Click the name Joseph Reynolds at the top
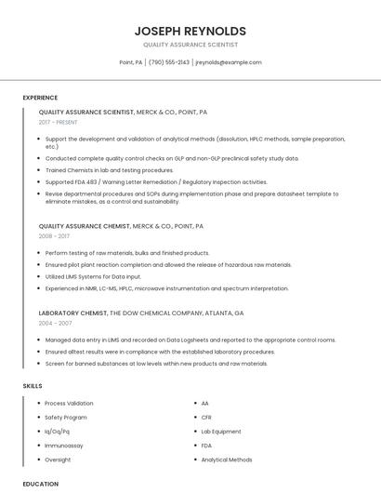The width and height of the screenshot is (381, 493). tap(190, 31)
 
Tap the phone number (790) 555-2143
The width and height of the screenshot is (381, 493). tap(169, 62)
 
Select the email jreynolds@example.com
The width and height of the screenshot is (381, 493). tap(229, 62)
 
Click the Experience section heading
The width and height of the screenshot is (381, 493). tap(40, 98)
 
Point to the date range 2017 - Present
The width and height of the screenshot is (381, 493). tap(58, 122)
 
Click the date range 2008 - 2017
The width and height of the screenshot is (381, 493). tap(54, 236)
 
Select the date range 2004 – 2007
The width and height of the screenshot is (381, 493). tap(55, 323)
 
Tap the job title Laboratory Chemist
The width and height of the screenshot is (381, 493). tap(72, 313)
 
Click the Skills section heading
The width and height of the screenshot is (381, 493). tap(33, 385)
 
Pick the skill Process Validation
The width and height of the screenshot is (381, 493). tap(69, 404)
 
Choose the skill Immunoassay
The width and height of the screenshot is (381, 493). tap(64, 446)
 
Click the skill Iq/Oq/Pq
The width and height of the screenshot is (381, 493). tap(58, 432)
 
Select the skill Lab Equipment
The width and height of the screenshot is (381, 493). tap(221, 432)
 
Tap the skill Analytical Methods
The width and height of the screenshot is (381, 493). tap(227, 460)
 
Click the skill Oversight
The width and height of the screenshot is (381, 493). tap(58, 460)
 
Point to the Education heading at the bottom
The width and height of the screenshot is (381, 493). tap(40, 484)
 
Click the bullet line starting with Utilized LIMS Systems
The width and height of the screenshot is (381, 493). tap(93, 276)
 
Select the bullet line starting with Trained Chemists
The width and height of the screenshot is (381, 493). tap(109, 170)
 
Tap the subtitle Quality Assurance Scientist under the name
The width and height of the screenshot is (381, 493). tap(190, 45)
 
